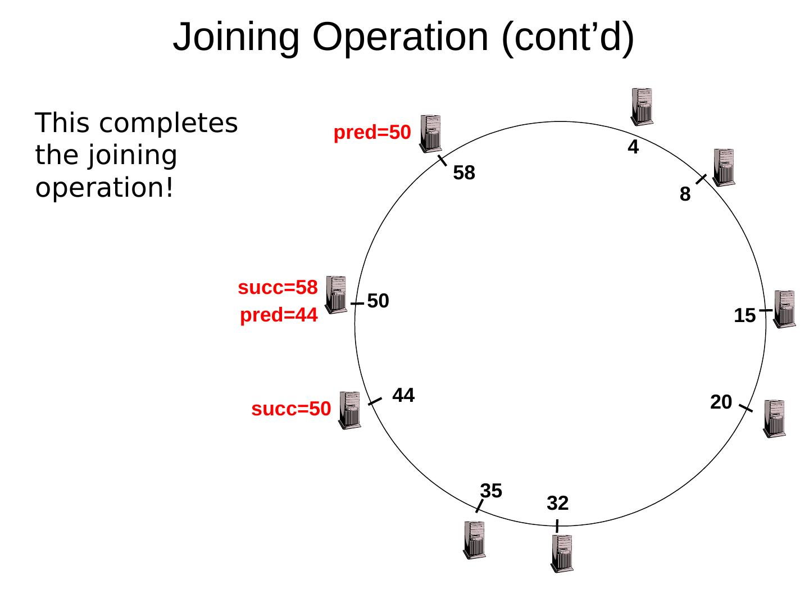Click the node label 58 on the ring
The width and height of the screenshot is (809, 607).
point(464,173)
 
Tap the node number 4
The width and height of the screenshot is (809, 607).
point(633,148)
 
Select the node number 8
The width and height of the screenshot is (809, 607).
point(685,194)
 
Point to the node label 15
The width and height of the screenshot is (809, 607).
point(744,316)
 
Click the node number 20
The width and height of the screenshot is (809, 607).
point(721,402)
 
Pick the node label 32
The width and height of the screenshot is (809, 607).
point(558,503)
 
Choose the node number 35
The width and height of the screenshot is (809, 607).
point(491,491)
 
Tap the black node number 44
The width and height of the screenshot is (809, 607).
point(403,396)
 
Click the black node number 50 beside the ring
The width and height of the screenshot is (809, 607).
point(378,301)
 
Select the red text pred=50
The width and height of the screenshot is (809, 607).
point(372,133)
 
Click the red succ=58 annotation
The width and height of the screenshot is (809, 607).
point(278,288)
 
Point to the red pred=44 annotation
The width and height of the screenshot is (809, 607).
point(279,316)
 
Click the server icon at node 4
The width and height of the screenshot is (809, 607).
point(642,106)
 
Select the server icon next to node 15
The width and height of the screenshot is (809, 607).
point(784,309)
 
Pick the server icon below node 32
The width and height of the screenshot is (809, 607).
point(562,553)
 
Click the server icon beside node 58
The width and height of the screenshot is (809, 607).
point(430,134)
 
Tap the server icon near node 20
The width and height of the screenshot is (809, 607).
point(774,418)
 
